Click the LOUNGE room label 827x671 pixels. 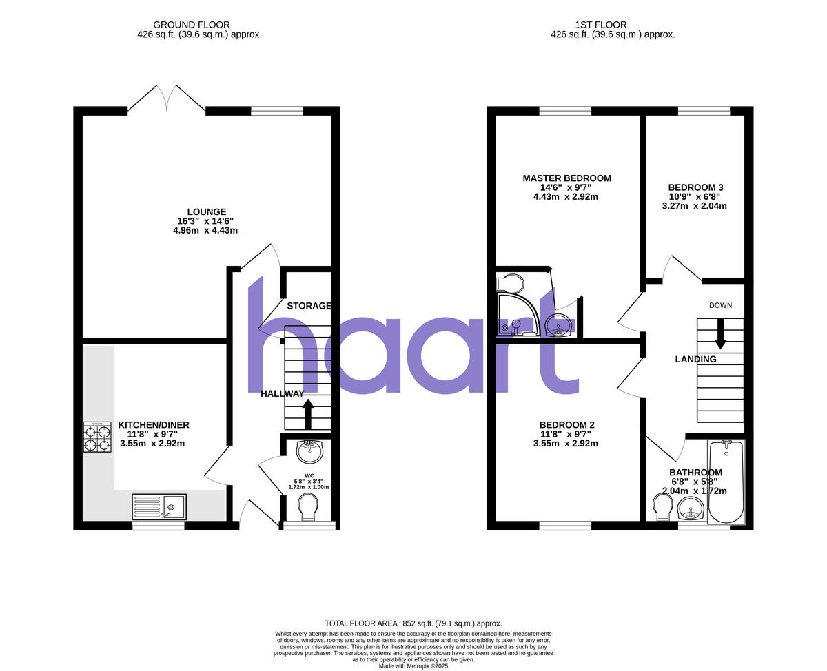(x=205, y=211)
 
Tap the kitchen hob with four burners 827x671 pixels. (x=97, y=437)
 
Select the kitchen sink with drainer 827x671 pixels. (x=158, y=507)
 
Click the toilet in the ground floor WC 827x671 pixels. (x=308, y=508)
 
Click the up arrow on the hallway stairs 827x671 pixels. (x=307, y=414)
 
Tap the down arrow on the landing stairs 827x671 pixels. (x=720, y=333)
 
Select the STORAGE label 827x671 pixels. (x=309, y=306)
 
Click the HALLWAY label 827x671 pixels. (x=282, y=393)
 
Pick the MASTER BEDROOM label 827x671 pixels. (x=566, y=178)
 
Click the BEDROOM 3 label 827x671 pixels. (x=695, y=187)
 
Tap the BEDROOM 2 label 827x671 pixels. (x=566, y=425)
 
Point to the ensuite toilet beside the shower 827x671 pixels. (x=510, y=282)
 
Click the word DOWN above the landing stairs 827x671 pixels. (x=720, y=305)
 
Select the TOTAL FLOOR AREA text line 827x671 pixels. (x=413, y=623)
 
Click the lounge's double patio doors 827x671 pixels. (x=166, y=98)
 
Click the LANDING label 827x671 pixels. (x=695, y=359)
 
